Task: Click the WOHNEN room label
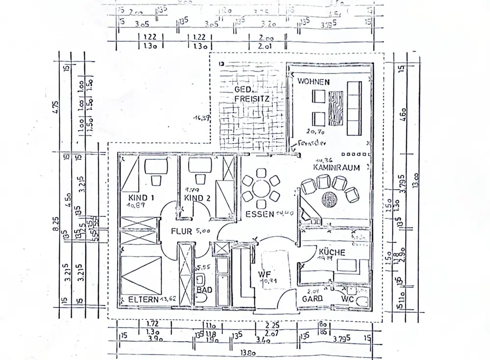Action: (x=313, y=81)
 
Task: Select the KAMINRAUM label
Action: (x=337, y=167)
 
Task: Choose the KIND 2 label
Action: (x=197, y=198)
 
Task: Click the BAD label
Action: (x=204, y=290)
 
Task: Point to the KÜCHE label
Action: (x=332, y=253)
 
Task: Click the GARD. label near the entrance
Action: (x=312, y=298)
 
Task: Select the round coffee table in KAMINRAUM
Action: (x=330, y=199)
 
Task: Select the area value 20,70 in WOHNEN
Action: (x=316, y=131)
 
